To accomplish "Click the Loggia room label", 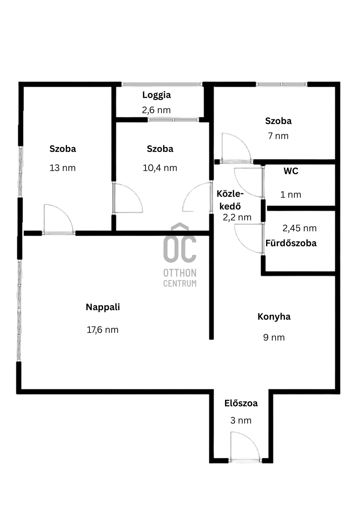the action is [x=157, y=95].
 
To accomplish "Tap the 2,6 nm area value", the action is [x=156, y=110].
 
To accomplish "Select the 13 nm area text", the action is [x=63, y=168].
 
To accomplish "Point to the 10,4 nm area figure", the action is [x=160, y=168].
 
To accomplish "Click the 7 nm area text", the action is [x=278, y=136].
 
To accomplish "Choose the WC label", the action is [x=291, y=171].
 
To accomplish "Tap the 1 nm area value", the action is [x=291, y=195].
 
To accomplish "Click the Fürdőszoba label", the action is [x=291, y=243].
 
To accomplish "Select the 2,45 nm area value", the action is [x=300, y=228].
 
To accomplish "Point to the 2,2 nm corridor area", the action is [x=237, y=217].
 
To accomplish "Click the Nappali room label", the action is [x=103, y=307].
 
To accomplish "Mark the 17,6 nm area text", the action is [x=103, y=330].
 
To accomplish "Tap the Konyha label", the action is [x=274, y=317].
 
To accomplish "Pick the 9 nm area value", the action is [x=274, y=337].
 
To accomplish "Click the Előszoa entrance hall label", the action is [x=241, y=403].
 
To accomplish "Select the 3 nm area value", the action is [x=241, y=420].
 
